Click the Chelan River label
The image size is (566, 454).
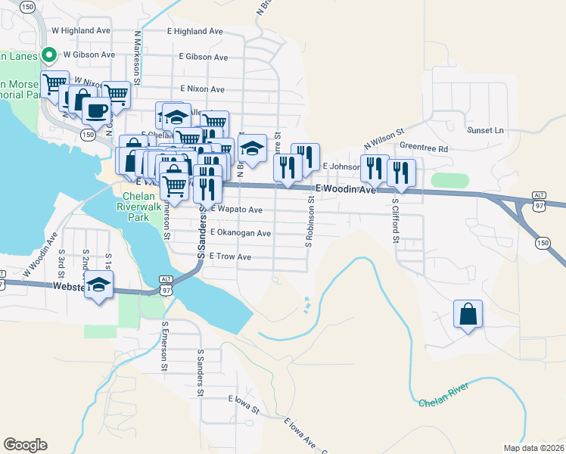(444, 396)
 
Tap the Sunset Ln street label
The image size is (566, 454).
(485, 130)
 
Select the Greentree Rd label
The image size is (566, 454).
(424, 149)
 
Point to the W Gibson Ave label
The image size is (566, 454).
(89, 54)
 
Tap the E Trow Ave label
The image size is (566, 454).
(230, 257)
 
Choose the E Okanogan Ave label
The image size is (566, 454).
(241, 233)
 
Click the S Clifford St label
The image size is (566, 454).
(395, 221)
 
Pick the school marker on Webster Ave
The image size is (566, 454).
(98, 286)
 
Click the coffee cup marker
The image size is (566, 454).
(96, 110)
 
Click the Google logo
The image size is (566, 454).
(25, 445)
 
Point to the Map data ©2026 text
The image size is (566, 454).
(533, 448)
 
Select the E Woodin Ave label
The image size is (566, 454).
(346, 189)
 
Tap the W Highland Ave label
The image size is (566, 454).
(81, 31)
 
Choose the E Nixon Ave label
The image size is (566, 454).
(199, 89)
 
